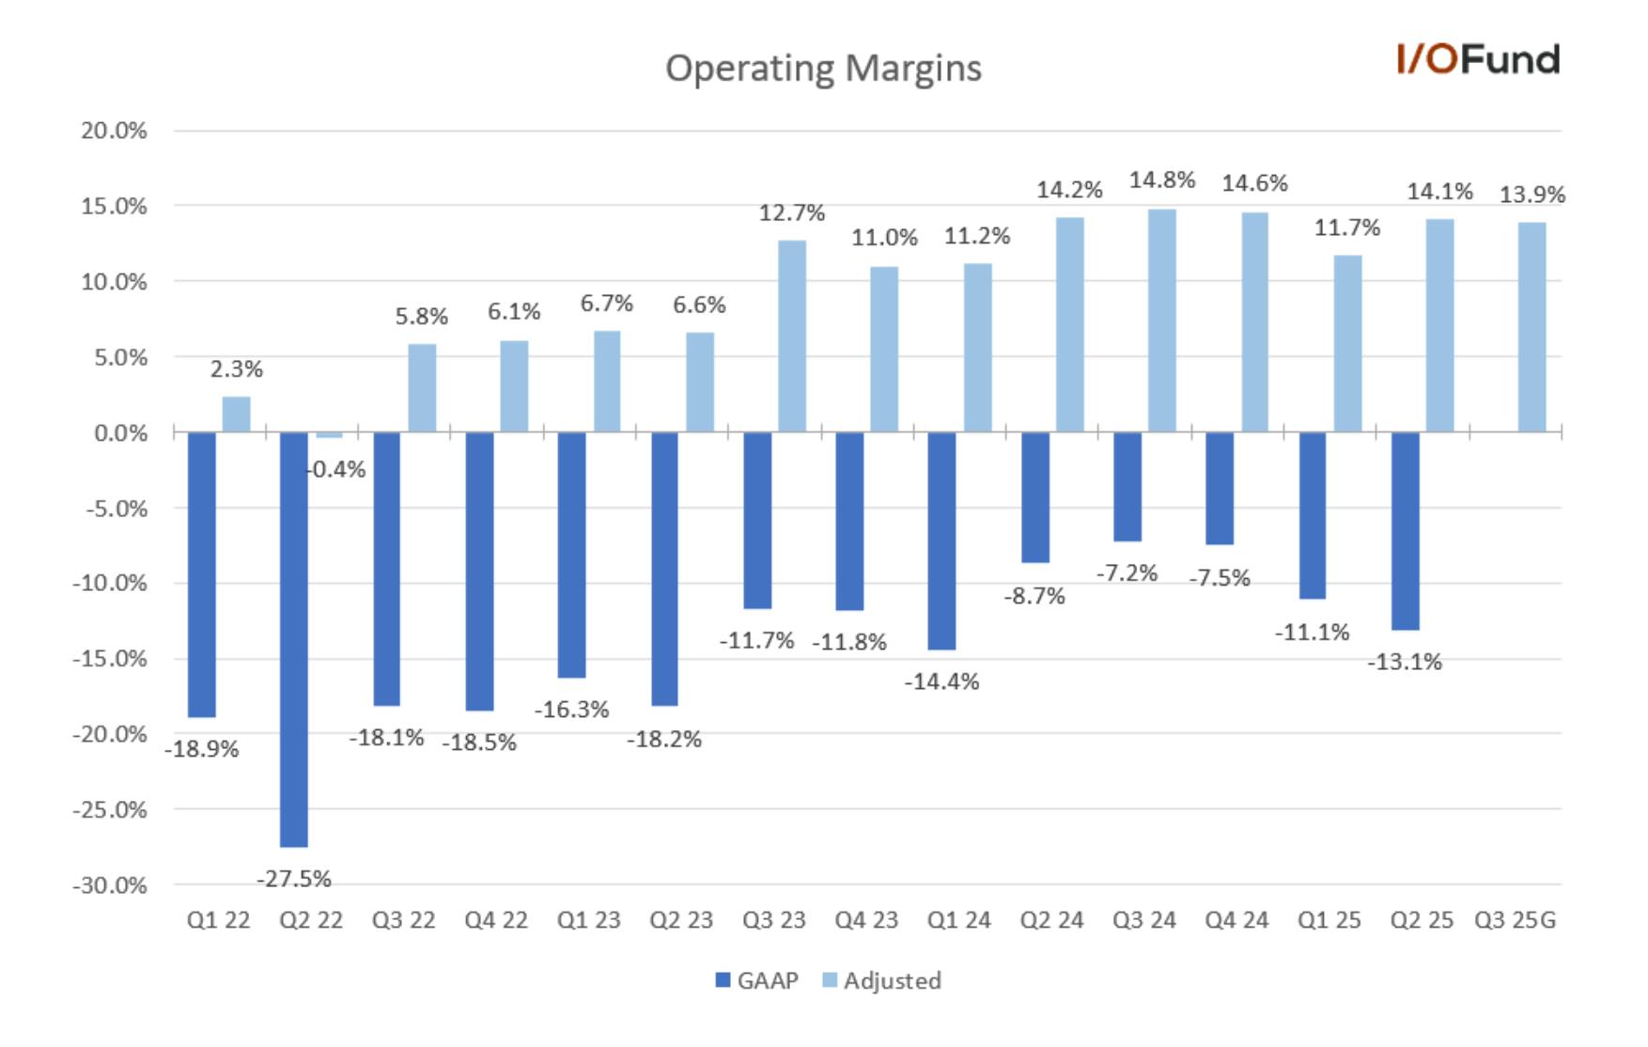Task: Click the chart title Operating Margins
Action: [823, 69]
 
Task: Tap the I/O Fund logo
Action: [1478, 59]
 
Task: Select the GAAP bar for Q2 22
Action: [294, 639]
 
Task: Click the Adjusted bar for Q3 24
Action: [1162, 320]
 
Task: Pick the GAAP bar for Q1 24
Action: [941, 540]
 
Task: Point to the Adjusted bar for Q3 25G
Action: [1532, 327]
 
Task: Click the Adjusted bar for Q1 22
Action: [237, 414]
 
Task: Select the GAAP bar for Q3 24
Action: [1127, 487]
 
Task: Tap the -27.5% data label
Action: [294, 879]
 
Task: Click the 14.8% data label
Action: [1162, 180]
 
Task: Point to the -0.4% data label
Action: [336, 469]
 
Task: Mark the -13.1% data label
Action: [1405, 662]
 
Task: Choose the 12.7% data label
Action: [792, 213]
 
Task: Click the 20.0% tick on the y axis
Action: [114, 131]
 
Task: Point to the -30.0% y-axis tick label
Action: [109, 885]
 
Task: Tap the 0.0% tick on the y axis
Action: [120, 433]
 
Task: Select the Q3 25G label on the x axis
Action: [1515, 920]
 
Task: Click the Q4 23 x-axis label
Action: [866, 920]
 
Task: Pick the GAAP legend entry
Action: [756, 980]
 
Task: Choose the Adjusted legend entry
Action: [881, 980]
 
